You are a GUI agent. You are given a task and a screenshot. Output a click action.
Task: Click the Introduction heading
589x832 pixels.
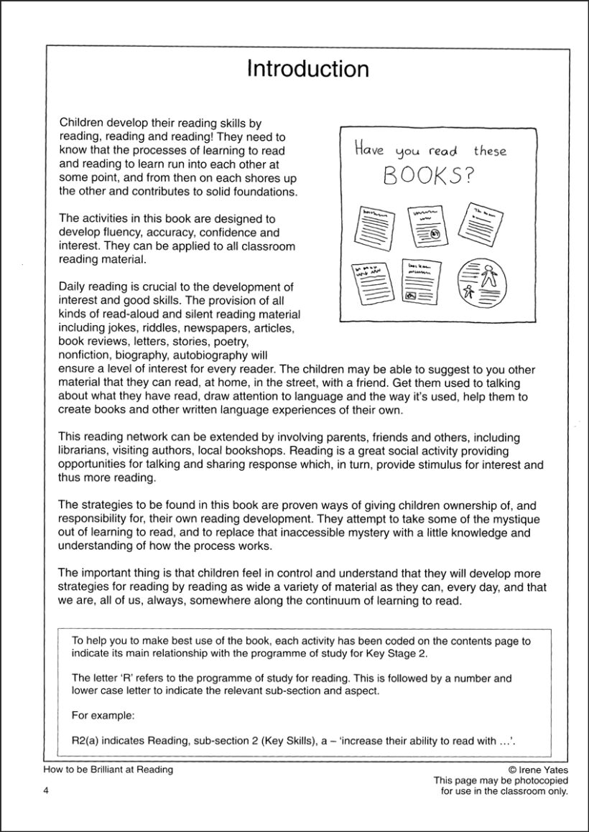307,69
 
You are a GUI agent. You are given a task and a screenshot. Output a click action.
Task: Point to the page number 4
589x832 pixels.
45,792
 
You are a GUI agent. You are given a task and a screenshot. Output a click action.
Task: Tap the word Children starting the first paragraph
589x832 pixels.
83,123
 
